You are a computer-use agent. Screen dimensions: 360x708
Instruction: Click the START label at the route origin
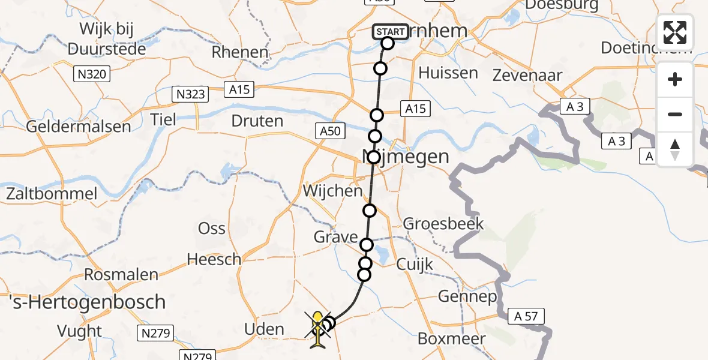tap(391, 31)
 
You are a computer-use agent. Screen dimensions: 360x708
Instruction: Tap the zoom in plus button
tap(675, 80)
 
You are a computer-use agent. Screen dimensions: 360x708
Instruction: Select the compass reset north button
tap(675, 149)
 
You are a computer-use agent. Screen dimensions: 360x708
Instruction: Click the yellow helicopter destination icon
tap(318, 328)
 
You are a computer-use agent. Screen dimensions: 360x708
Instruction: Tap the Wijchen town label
tap(334, 191)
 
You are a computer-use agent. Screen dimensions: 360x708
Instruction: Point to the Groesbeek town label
tap(443, 224)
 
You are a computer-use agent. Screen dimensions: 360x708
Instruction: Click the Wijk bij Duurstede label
tap(107, 39)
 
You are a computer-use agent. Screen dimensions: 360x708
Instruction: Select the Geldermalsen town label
tap(79, 127)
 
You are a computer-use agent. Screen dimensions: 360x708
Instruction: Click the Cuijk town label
tap(415, 264)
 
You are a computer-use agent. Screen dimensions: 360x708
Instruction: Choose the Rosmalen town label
tap(121, 275)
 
